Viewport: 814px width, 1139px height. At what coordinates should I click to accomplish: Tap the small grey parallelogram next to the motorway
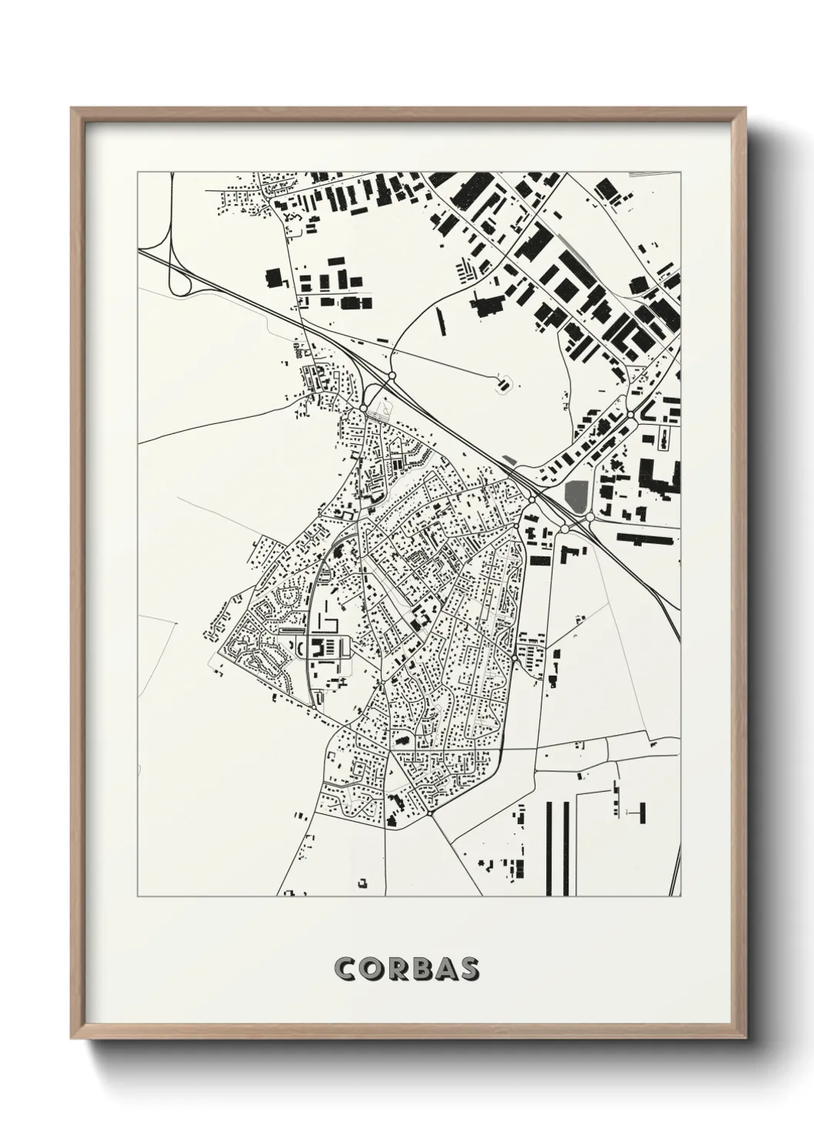(x=510, y=460)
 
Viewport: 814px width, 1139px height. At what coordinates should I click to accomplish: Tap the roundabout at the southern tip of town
(x=430, y=811)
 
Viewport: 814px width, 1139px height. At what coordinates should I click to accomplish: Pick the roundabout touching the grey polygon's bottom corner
(x=590, y=518)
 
